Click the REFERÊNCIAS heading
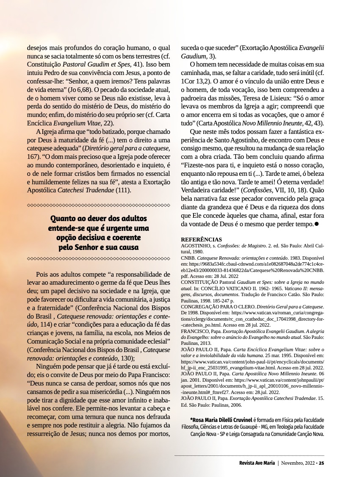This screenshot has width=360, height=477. point(201,239)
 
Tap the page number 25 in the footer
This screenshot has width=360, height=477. point(321,463)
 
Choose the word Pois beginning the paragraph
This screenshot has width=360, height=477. point(44,275)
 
